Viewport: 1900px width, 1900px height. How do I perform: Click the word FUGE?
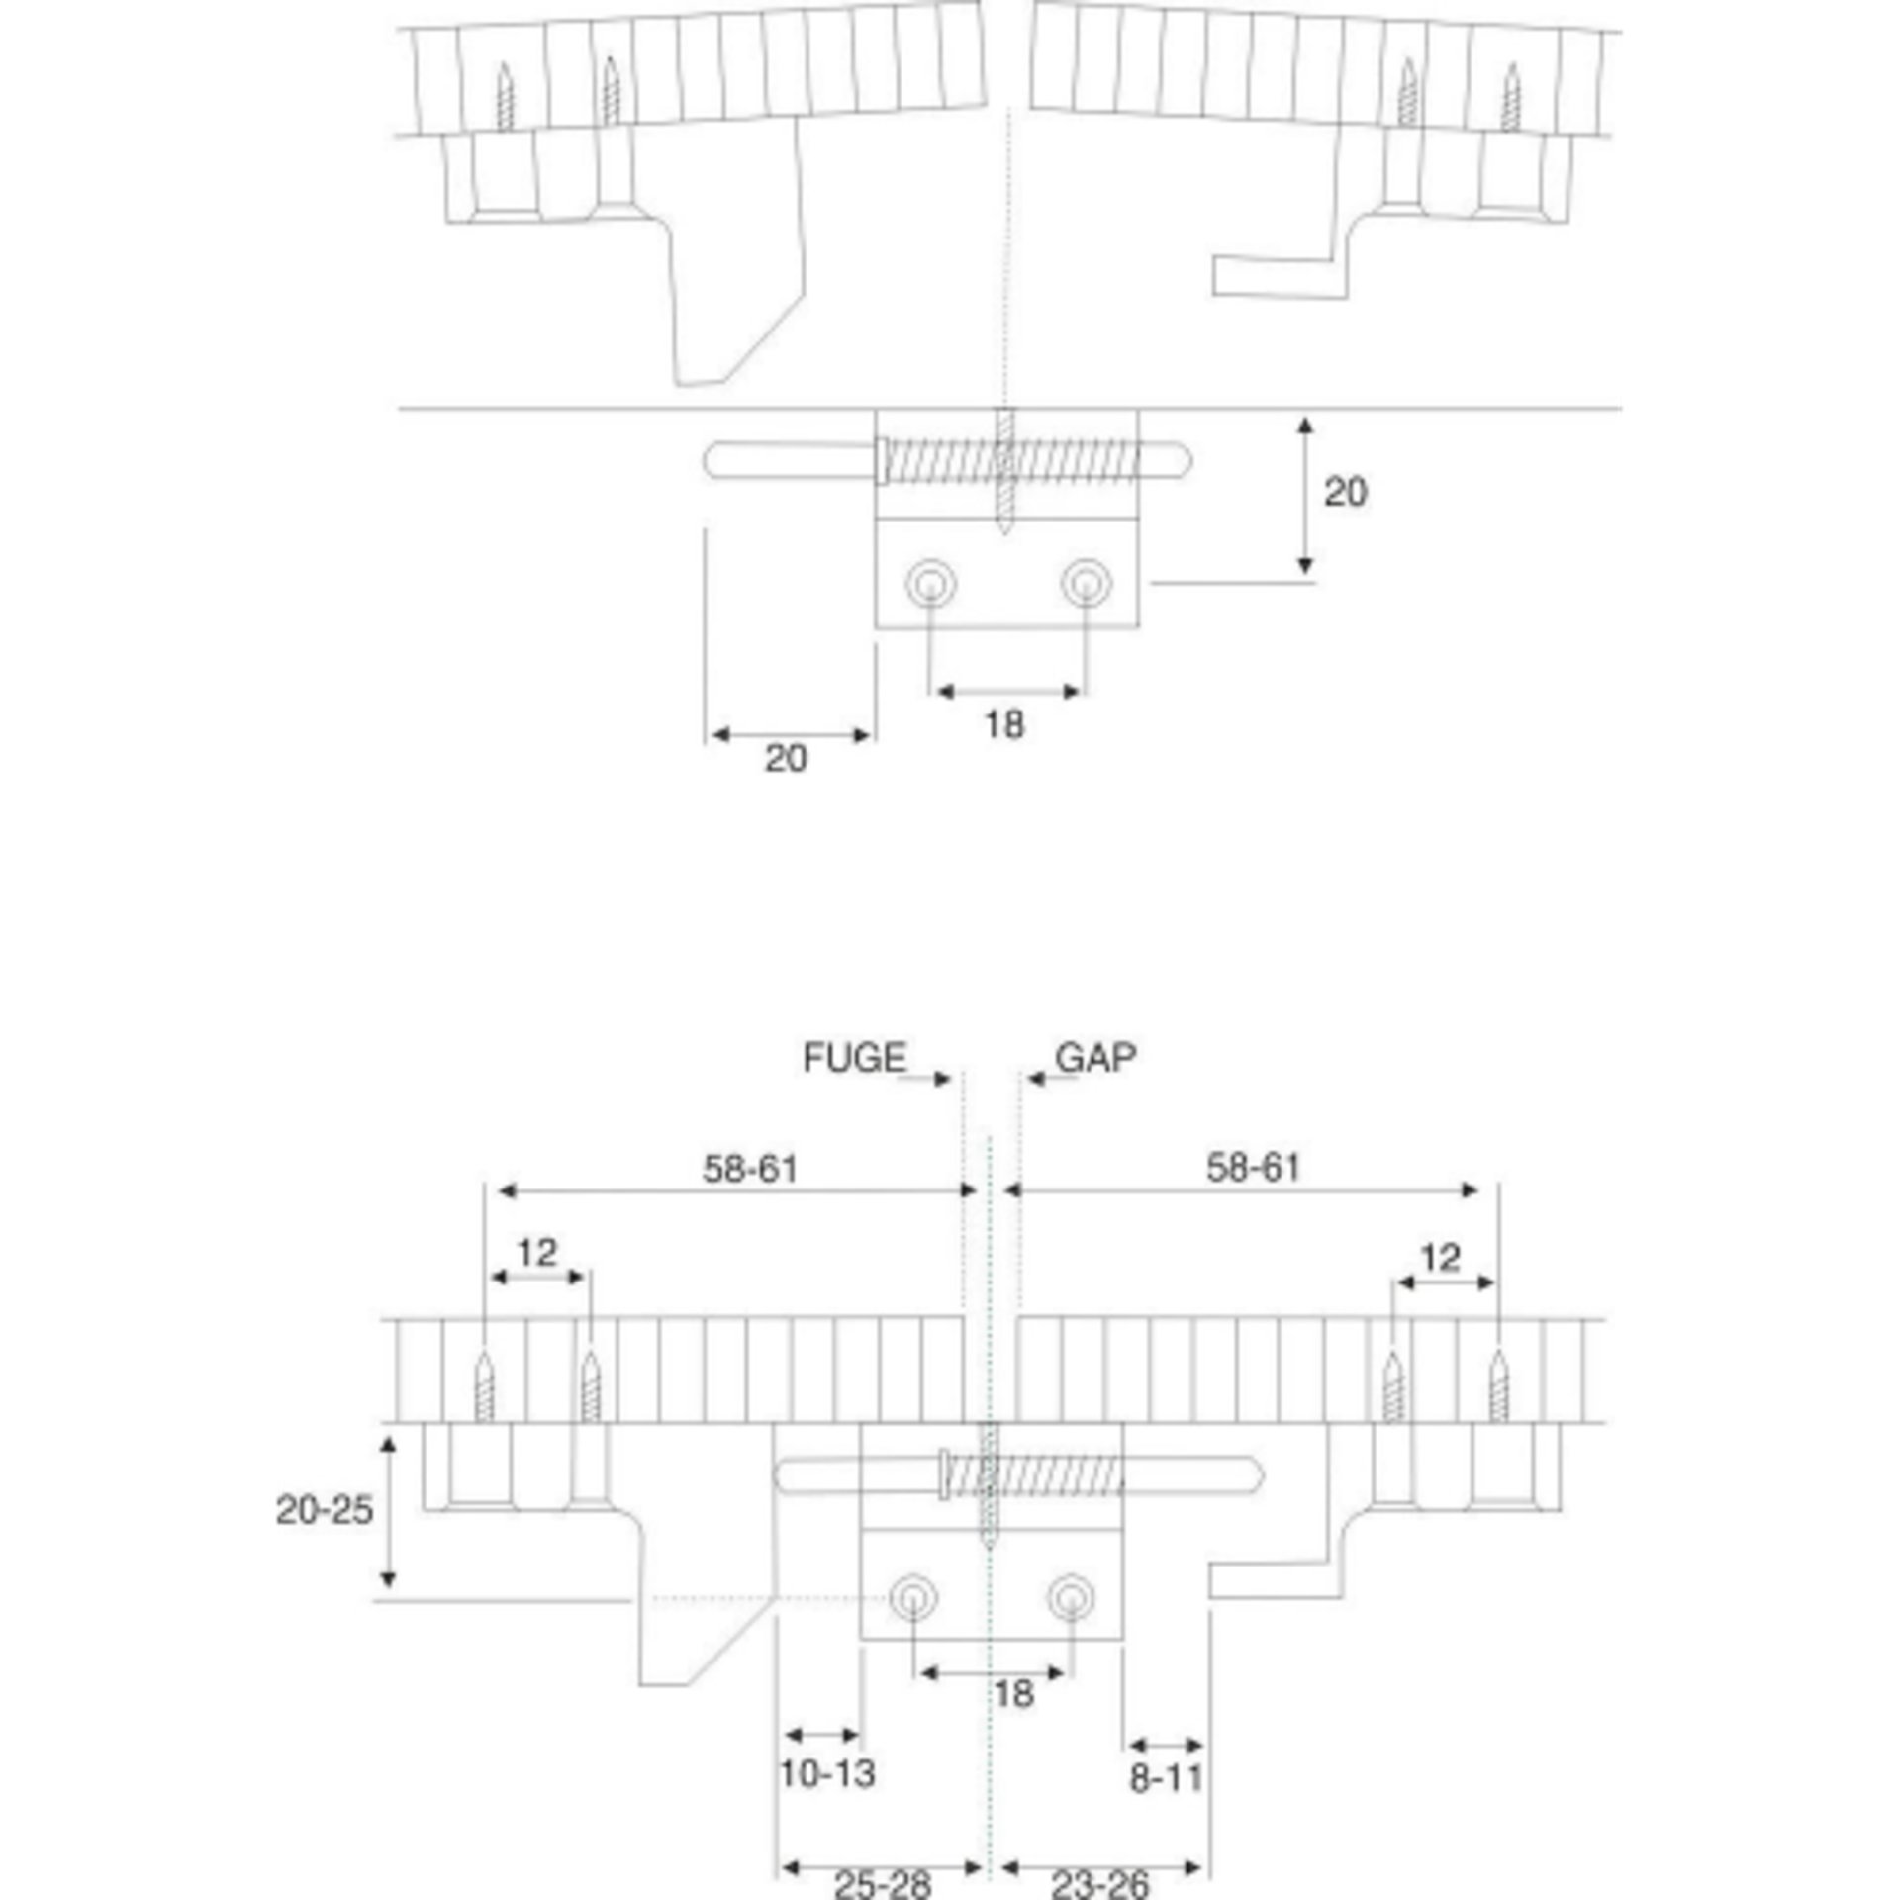[x=854, y=1059]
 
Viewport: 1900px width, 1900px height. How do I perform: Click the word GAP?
[x=1095, y=1058]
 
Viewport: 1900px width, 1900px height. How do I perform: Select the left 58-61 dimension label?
[x=750, y=1170]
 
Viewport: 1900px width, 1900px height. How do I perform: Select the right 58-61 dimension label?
[x=1253, y=1169]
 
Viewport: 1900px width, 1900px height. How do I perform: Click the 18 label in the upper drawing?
[x=1003, y=725]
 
